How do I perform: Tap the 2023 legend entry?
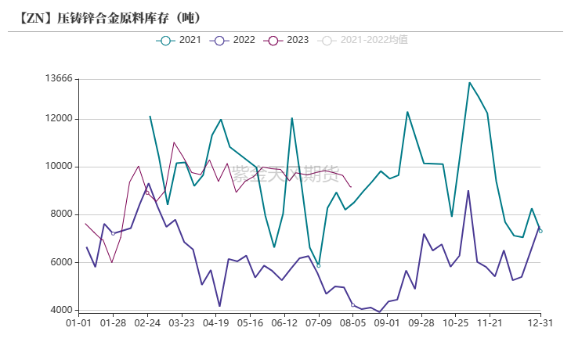287,40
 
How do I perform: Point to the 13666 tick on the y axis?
59,79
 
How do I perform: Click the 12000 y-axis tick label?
59,119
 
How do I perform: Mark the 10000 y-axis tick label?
59,167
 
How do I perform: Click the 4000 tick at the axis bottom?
61,310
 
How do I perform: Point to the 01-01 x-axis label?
79,322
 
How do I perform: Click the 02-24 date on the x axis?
147,322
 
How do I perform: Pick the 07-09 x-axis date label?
318,322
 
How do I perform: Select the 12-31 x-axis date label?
540,322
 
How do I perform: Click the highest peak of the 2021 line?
469,82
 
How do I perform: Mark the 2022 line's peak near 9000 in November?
468,191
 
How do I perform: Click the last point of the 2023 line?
351,187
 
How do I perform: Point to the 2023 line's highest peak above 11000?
174,142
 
